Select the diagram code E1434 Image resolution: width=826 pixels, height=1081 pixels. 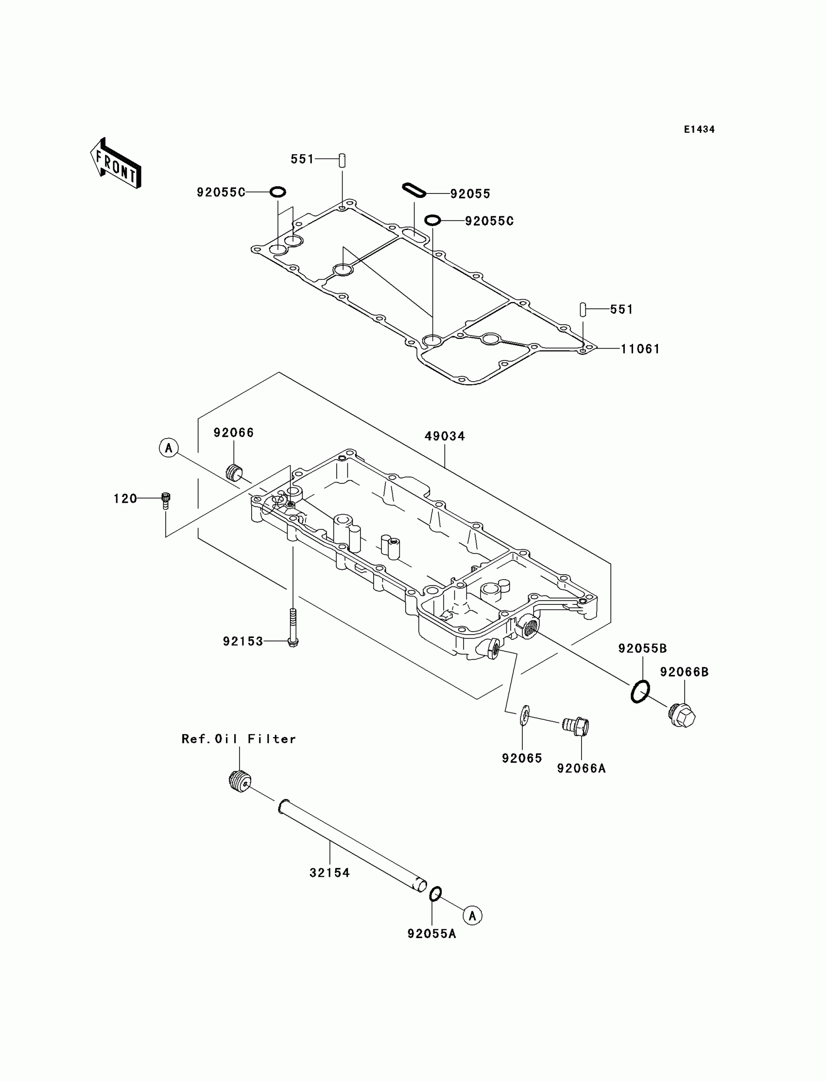click(x=699, y=129)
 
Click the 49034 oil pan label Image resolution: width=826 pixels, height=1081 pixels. click(x=445, y=436)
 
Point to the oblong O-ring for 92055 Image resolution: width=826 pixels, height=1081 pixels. click(x=413, y=190)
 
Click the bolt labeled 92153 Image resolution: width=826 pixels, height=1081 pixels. click(x=293, y=627)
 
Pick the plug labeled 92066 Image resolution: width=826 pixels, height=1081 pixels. click(x=234, y=472)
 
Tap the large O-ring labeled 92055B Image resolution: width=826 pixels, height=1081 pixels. click(x=639, y=692)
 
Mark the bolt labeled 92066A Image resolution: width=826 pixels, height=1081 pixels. click(x=577, y=727)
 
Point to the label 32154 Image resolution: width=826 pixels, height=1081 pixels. click(x=329, y=873)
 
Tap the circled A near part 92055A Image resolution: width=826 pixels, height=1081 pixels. click(x=472, y=916)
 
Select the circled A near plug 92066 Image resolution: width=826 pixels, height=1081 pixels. click(x=169, y=448)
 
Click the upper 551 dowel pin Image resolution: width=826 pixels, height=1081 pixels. click(x=342, y=160)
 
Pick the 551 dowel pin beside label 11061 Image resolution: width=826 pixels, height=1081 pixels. click(x=583, y=309)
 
